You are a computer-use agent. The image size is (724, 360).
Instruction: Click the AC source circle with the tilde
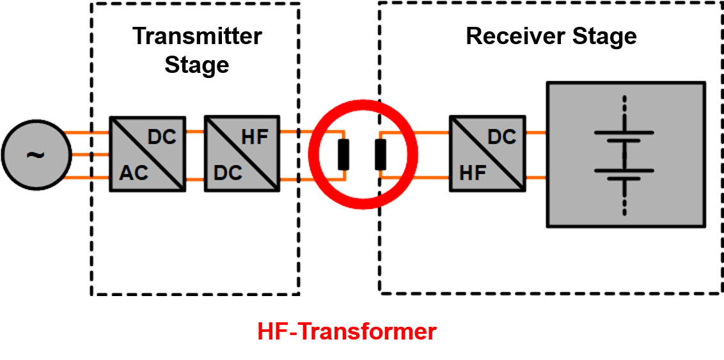(35, 154)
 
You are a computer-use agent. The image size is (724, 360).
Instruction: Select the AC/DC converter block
(148, 154)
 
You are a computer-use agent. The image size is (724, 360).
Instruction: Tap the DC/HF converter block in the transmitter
(242, 154)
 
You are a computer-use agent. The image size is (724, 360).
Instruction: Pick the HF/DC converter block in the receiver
(487, 154)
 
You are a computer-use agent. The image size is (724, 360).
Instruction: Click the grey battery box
(626, 154)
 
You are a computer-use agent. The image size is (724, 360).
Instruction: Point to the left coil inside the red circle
(344, 154)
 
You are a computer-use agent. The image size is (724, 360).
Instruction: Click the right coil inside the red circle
(381, 154)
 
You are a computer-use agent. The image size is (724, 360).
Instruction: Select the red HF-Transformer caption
(347, 332)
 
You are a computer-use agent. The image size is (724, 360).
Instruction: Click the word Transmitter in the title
(197, 36)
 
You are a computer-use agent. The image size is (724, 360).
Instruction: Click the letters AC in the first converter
(134, 173)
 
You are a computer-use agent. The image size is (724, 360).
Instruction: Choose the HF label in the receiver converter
(473, 173)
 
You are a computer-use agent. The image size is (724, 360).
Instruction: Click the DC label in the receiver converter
(501, 136)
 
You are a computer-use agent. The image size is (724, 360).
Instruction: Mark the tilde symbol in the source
(35, 154)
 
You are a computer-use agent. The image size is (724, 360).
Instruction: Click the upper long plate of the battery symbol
(625, 132)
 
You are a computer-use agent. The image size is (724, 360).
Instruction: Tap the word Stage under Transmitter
(197, 65)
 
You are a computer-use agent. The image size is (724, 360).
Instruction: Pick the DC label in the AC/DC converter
(162, 136)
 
